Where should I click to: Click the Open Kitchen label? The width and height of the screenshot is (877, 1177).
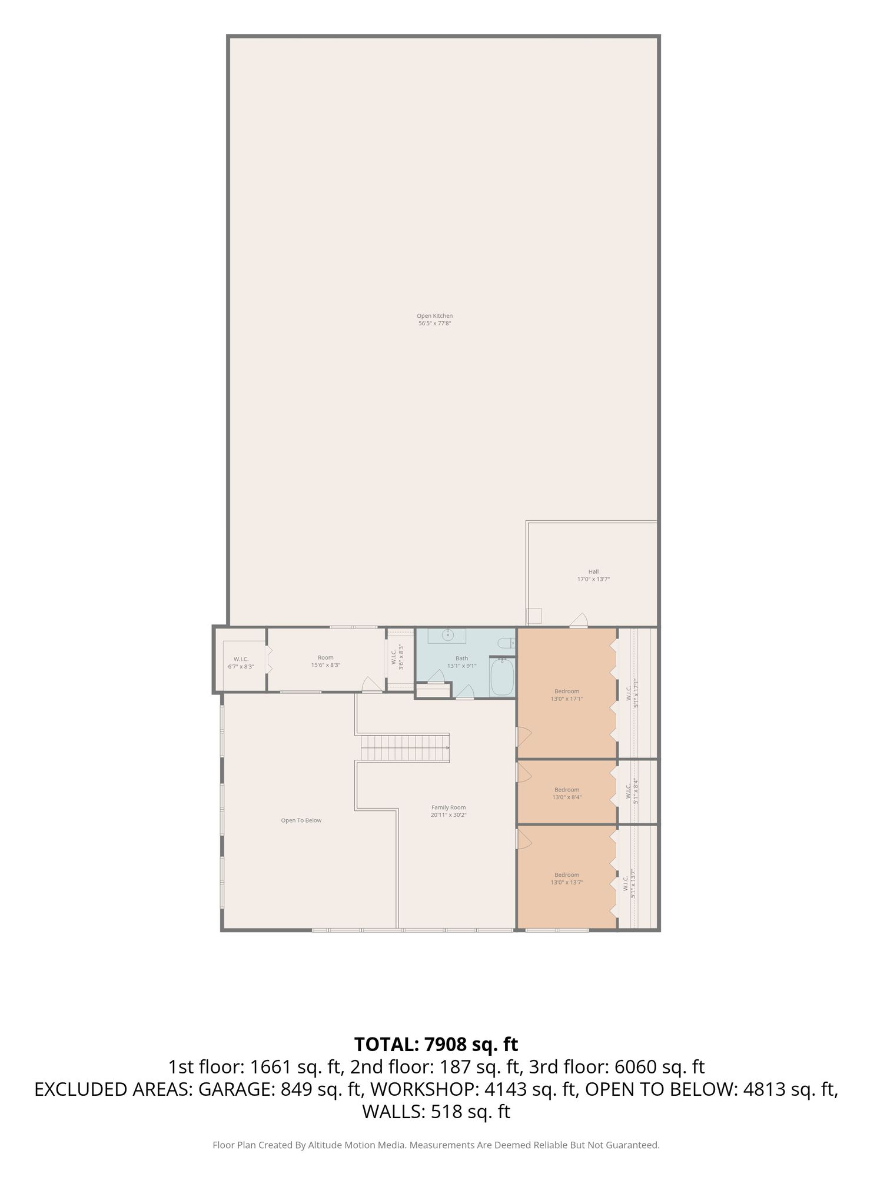point(434,320)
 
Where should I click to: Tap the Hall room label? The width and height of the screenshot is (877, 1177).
point(593,575)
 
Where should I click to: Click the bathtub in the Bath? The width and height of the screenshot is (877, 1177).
point(502,677)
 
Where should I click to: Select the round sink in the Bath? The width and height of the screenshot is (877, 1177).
point(449,635)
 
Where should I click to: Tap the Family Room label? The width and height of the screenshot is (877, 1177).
point(449,811)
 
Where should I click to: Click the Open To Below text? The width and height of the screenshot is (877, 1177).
point(301,820)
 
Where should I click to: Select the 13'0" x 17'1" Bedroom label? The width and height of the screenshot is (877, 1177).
point(567,695)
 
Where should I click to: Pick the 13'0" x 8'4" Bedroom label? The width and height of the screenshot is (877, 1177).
point(567,793)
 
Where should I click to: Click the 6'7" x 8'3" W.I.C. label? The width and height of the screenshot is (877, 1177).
point(241,663)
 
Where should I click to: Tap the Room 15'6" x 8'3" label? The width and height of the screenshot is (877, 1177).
point(325,661)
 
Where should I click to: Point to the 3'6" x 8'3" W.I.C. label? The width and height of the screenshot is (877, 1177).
point(397,658)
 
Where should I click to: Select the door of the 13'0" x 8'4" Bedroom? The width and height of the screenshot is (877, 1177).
point(524,772)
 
